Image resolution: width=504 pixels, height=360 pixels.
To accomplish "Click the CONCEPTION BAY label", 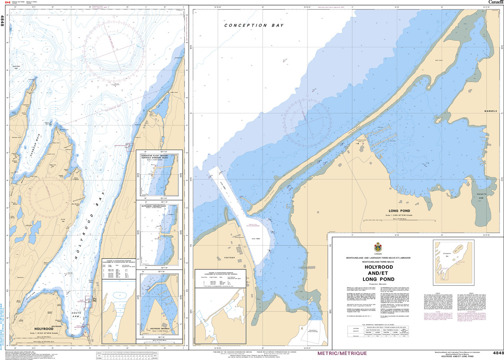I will [257, 25].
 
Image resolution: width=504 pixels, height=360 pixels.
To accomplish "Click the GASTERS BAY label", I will [16, 68].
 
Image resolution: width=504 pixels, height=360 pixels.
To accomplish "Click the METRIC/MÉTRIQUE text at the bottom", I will [342, 353].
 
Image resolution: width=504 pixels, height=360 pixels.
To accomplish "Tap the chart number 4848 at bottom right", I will [498, 353].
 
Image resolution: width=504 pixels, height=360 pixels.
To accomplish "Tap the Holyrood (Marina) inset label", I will [159, 329].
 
